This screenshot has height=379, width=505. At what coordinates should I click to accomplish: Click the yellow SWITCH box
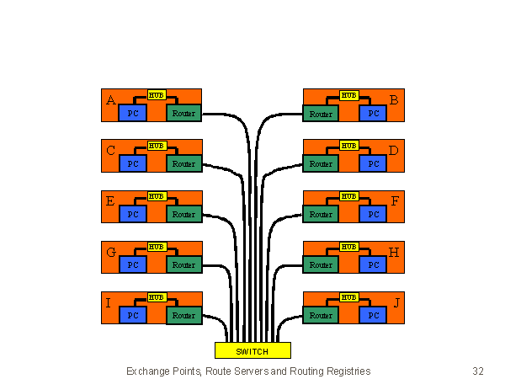[252, 350]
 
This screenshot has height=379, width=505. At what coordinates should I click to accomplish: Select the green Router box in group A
[183, 114]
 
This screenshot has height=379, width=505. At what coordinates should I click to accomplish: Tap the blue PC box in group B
[373, 114]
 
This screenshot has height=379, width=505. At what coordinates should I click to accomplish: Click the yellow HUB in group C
[157, 146]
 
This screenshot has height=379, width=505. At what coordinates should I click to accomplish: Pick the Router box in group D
[321, 164]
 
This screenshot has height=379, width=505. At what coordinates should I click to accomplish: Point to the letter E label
[111, 202]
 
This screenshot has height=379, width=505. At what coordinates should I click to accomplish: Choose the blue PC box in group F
[373, 215]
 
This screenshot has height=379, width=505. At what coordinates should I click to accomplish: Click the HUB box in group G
[157, 247]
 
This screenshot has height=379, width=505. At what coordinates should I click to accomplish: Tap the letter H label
[394, 253]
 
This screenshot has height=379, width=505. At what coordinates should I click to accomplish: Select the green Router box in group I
[183, 316]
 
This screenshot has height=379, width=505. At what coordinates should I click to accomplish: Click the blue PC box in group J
[373, 316]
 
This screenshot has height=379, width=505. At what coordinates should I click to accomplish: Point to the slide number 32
[478, 371]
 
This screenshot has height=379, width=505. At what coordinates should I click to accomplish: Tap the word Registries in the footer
[346, 371]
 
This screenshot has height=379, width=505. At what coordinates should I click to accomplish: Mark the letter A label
[111, 101]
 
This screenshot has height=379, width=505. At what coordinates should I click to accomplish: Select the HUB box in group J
[349, 297]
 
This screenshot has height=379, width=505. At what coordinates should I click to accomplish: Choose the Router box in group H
[321, 265]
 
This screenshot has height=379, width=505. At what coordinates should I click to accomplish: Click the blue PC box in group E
[132, 215]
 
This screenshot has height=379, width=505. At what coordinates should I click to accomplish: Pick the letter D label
[394, 152]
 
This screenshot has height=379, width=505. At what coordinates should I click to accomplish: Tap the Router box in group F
[321, 215]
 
